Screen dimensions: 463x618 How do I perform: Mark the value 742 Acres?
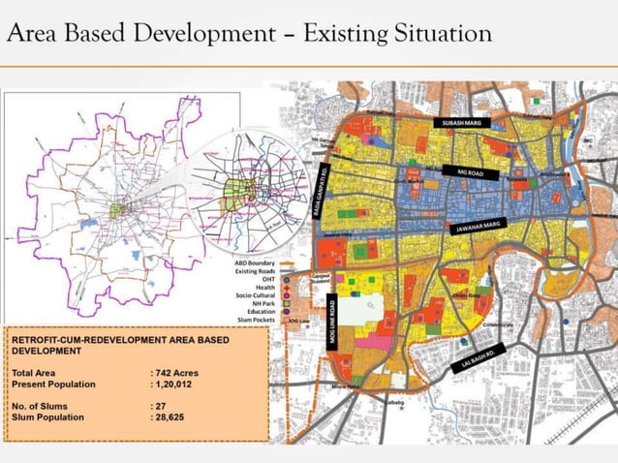(177, 372)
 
